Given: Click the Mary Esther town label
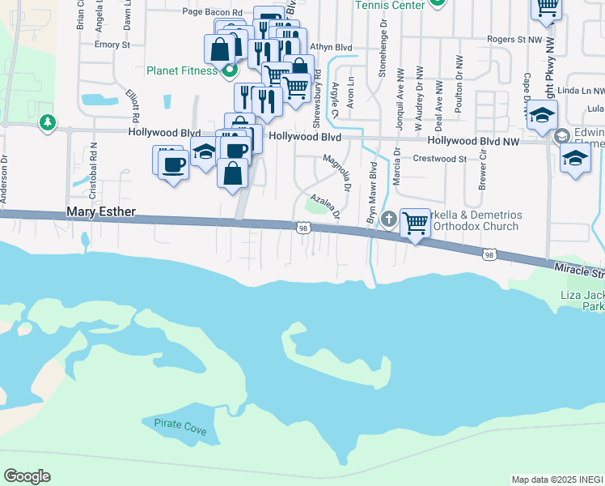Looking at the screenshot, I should click(x=100, y=214).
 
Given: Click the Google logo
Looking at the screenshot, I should click(x=27, y=476).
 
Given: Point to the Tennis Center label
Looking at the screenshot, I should click(x=390, y=6).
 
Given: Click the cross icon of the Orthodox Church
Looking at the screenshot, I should click(x=389, y=219).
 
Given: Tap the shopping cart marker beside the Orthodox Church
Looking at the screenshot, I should click(x=415, y=222).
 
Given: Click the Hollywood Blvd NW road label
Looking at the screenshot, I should click(x=476, y=140).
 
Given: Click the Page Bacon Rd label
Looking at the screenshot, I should click(x=213, y=12).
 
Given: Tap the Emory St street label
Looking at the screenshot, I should click(x=112, y=45).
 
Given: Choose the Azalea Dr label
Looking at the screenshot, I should click(x=323, y=204).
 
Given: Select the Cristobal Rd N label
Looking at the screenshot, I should click(x=94, y=166).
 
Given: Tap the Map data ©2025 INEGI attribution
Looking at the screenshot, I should click(x=557, y=480).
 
